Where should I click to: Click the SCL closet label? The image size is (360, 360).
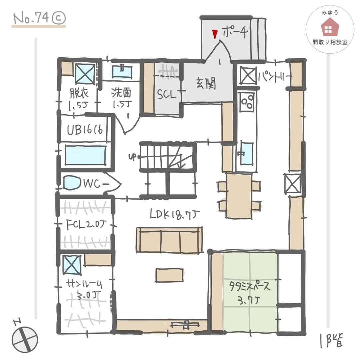(x=166, y=95)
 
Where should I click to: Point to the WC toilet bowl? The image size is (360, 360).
(x=71, y=183)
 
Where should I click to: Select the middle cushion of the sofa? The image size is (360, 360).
(x=170, y=240)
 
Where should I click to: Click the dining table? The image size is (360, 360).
(x=238, y=196)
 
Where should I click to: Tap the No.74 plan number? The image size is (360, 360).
(x=38, y=19)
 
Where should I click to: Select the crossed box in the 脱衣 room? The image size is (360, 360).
(x=85, y=74)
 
